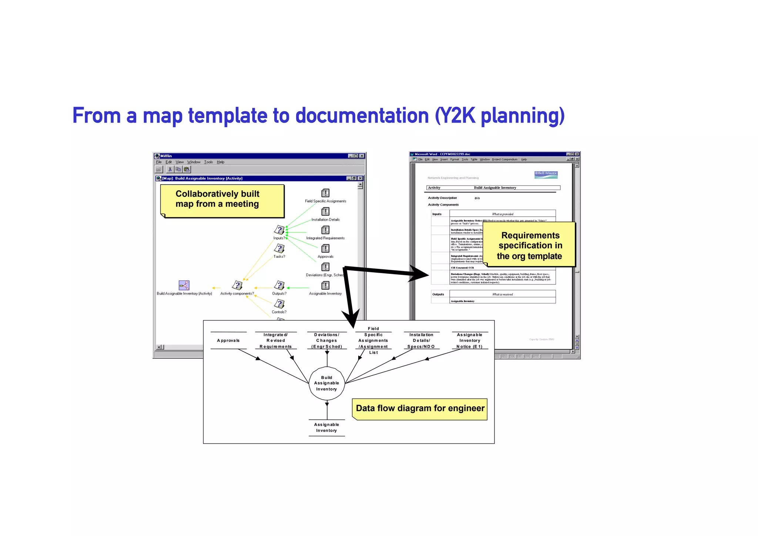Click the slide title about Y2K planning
(x=318, y=116)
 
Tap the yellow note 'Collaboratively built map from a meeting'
(x=222, y=200)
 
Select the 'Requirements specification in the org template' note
(x=530, y=245)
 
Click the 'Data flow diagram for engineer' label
(x=420, y=409)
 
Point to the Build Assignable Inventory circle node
(x=326, y=383)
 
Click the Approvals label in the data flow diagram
(x=228, y=340)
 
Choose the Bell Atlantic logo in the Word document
(x=546, y=174)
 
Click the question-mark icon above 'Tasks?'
(x=279, y=249)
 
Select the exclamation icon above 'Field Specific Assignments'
(x=325, y=193)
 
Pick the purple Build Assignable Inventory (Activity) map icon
(x=184, y=285)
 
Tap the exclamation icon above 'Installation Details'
(x=325, y=212)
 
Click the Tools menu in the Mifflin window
(x=208, y=162)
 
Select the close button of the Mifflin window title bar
(x=362, y=156)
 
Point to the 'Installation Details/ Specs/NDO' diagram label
(x=421, y=340)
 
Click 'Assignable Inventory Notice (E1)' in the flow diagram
(x=470, y=340)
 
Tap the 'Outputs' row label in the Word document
(x=438, y=294)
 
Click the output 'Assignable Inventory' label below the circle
(x=326, y=427)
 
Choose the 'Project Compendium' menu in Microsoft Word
(x=504, y=160)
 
